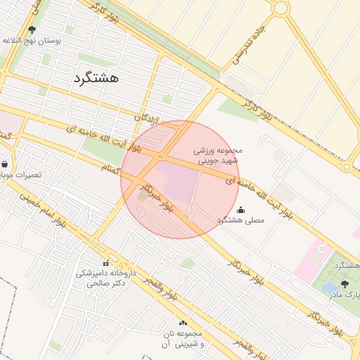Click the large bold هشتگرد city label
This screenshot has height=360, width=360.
click(x=96, y=78)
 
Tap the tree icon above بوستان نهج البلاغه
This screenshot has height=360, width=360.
click(x=32, y=30)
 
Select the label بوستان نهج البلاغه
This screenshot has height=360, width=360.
click(x=33, y=41)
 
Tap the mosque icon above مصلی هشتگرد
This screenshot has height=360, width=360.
click(x=241, y=210)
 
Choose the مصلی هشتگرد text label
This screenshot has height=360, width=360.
click(x=241, y=220)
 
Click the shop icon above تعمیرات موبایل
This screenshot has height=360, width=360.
click(x=5, y=164)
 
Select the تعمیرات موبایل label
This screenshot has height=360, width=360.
click(x=20, y=174)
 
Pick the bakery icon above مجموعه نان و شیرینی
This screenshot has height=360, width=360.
click(x=184, y=323)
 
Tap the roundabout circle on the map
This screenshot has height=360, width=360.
click(x=281, y=8)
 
